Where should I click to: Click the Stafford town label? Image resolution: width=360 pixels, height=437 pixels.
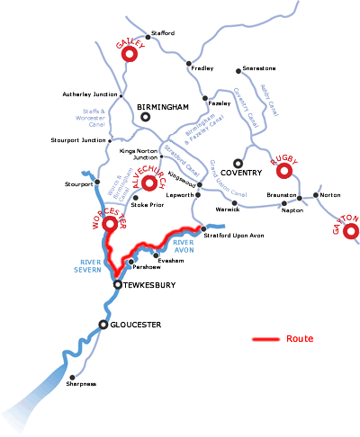[163, 33]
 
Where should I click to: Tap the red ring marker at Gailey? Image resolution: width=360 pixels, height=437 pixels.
[129, 54]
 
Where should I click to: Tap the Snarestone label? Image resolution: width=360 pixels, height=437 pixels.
[261, 69]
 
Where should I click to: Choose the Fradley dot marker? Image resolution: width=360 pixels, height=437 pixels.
[189, 63]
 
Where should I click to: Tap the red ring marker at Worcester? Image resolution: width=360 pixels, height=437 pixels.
[111, 224]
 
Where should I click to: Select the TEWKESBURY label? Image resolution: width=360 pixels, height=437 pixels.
[150, 285]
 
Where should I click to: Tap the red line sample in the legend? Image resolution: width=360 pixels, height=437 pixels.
[265, 340]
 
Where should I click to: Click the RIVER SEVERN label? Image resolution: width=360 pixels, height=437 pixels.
[86, 266]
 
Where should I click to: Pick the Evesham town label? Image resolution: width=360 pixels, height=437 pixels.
[171, 260]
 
